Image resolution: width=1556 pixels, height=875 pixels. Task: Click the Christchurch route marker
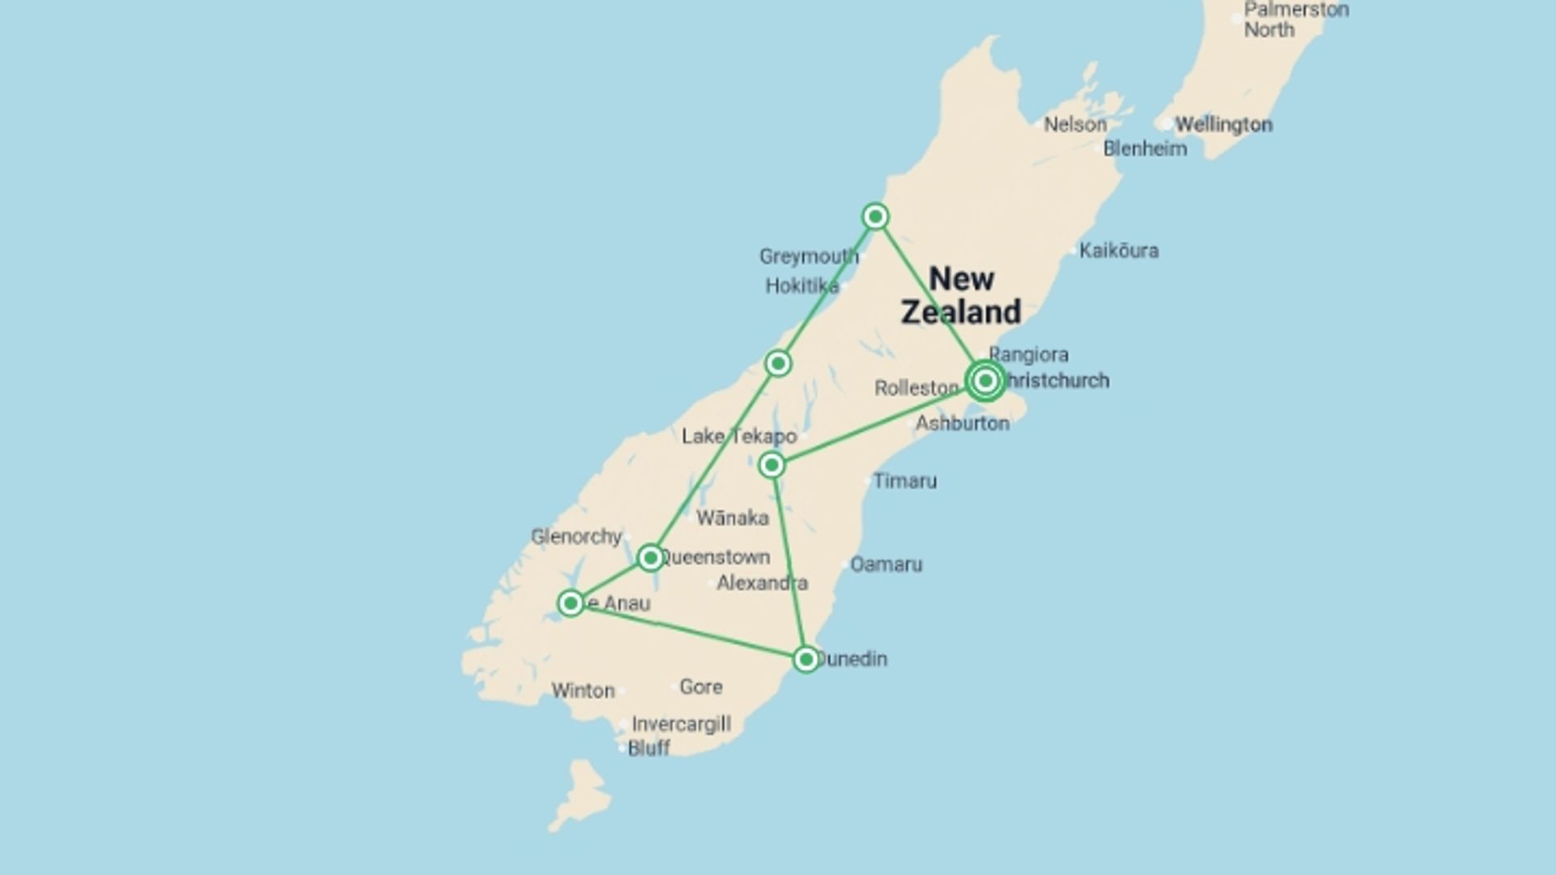pyautogui.click(x=985, y=380)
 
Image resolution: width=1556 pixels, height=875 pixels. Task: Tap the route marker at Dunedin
pyautogui.click(x=806, y=659)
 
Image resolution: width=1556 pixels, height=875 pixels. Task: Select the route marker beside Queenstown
pyautogui.click(x=650, y=557)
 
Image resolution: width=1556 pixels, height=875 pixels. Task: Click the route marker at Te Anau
pyautogui.click(x=571, y=603)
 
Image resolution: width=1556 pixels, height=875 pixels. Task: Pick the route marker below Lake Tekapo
pyautogui.click(x=772, y=465)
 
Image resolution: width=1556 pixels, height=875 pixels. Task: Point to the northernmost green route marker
pyautogui.click(x=875, y=216)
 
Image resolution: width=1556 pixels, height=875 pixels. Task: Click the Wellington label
pyautogui.click(x=1224, y=125)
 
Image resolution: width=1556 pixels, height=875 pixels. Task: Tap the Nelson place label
pyautogui.click(x=1075, y=125)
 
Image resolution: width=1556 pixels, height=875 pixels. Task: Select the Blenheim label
pyautogui.click(x=1145, y=149)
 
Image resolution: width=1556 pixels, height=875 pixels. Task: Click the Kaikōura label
pyautogui.click(x=1118, y=251)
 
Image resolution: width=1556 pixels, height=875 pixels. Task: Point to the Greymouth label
pyautogui.click(x=808, y=257)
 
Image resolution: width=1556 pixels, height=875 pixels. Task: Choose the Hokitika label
pyautogui.click(x=802, y=286)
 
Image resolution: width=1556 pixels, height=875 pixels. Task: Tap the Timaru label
pyautogui.click(x=905, y=481)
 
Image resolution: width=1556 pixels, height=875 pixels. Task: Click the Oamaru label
pyautogui.click(x=886, y=565)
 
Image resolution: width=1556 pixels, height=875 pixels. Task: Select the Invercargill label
pyautogui.click(x=681, y=724)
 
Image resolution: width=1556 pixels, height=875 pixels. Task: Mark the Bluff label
pyautogui.click(x=649, y=749)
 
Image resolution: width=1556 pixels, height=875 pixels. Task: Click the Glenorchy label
pyautogui.click(x=576, y=536)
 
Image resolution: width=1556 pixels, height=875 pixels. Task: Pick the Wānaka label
pyautogui.click(x=732, y=518)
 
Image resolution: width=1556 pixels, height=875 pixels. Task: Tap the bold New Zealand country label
pyautogui.click(x=961, y=296)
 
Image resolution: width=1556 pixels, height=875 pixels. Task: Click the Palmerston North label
pyautogui.click(x=1296, y=20)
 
